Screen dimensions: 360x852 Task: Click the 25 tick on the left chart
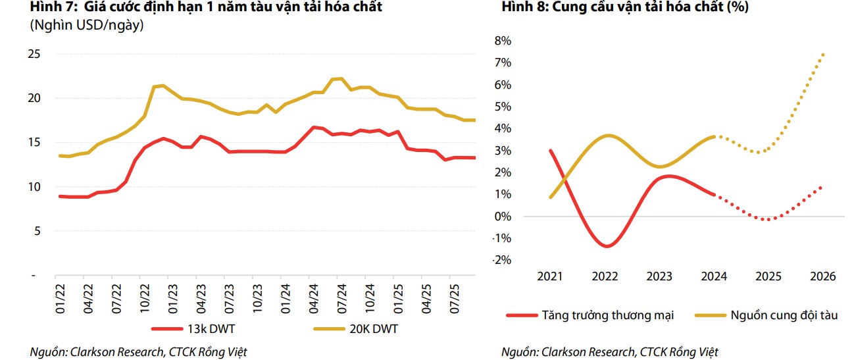[34, 54]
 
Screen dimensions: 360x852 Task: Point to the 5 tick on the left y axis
[37, 231]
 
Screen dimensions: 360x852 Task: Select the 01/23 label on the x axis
[173, 297]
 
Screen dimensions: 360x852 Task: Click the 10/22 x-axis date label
[145, 297]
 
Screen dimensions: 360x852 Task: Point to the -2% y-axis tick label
[501, 260]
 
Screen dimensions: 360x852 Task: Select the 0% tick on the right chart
[502, 217]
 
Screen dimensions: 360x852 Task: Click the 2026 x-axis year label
[822, 276]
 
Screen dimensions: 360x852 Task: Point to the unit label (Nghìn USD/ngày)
[86, 26]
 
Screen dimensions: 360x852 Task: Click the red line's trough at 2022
[606, 246]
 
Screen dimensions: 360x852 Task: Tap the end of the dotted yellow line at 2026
[823, 54]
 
